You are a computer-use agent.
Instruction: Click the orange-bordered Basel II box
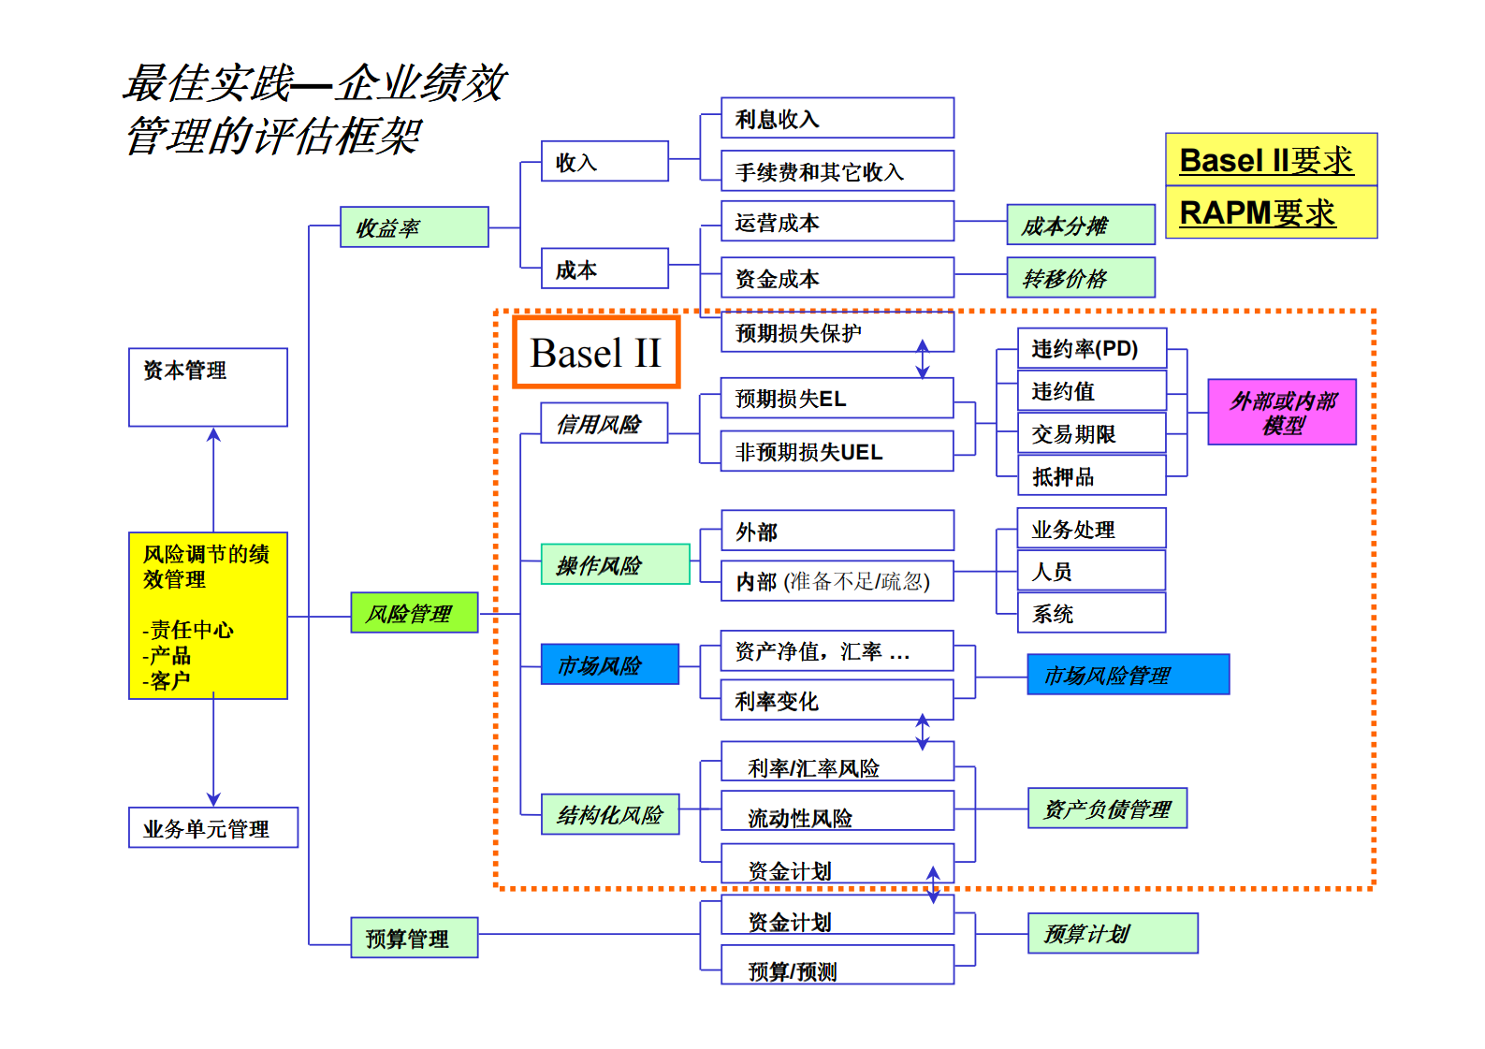pos(596,353)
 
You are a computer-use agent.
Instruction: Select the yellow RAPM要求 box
pos(1271,212)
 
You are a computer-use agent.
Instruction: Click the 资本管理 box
pos(208,386)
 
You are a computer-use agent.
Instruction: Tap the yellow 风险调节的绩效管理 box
pos(208,616)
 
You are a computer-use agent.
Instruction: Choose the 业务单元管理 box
pos(213,828)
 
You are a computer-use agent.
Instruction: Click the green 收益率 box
pos(414,227)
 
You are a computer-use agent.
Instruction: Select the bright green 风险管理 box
pos(414,613)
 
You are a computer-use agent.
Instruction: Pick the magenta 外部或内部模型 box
pos(1281,412)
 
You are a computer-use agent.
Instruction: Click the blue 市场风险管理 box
pos(1128,675)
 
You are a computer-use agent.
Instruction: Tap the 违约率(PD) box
pos(1091,349)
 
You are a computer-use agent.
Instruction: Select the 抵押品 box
pos(1091,476)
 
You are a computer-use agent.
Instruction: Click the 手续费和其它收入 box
pos(837,171)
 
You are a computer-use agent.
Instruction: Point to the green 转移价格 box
pos(1080,278)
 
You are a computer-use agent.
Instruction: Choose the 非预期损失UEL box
pos(837,452)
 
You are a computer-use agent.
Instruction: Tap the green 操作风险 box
pos(615,564)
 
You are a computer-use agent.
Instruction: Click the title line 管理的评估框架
pos(273,137)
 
